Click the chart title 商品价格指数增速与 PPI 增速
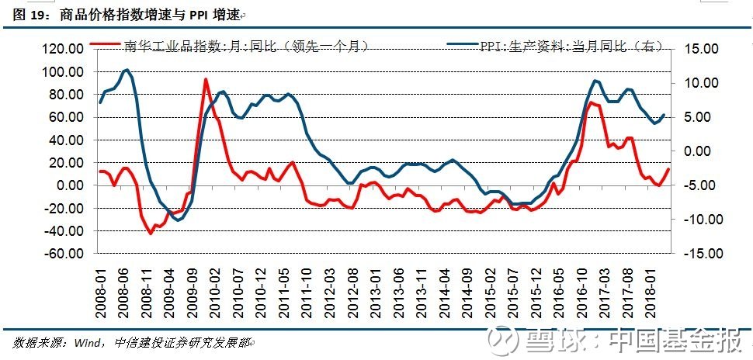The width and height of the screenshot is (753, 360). pyautogui.click(x=149, y=16)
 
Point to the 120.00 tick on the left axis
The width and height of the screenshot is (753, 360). pyautogui.click(x=68, y=49)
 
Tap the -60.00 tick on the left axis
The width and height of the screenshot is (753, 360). pyautogui.click(x=68, y=254)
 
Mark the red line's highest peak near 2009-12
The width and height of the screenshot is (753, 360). pyautogui.click(x=206, y=80)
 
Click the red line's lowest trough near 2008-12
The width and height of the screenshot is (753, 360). pyautogui.click(x=151, y=234)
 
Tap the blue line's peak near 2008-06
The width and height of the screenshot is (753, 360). pyautogui.click(x=127, y=70)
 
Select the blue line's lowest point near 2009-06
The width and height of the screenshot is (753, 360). pyautogui.click(x=178, y=220)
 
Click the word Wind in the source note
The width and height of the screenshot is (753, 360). pyautogui.click(x=87, y=343)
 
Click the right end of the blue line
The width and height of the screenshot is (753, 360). pyautogui.click(x=665, y=115)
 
